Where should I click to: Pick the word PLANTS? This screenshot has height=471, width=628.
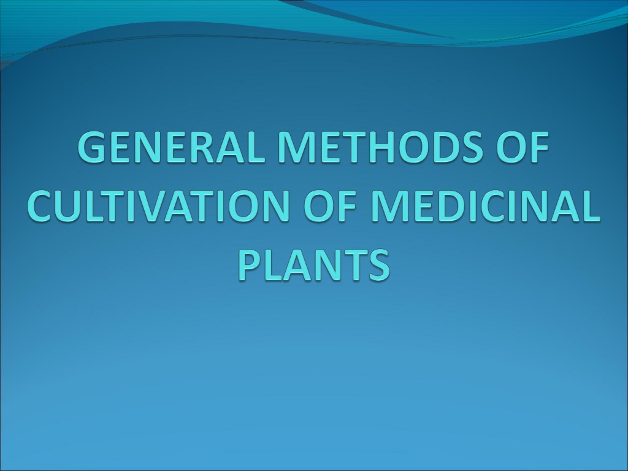[x=314, y=264]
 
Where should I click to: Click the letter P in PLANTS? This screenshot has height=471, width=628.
[x=250, y=264]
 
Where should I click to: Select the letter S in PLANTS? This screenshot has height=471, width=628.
[x=379, y=264]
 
